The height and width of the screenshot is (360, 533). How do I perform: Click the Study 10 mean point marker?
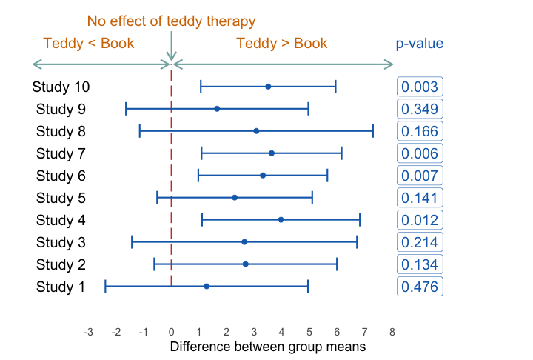(x=268, y=87)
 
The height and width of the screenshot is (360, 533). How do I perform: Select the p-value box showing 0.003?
(x=420, y=87)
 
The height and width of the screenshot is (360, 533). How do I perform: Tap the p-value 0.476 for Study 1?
(x=420, y=287)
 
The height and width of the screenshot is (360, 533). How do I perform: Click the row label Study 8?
(x=61, y=131)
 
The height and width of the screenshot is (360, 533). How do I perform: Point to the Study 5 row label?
(x=61, y=198)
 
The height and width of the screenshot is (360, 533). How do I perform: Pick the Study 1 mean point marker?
(x=207, y=286)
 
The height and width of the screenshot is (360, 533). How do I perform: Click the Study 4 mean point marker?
(x=281, y=220)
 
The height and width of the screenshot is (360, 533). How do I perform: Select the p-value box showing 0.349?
(x=420, y=109)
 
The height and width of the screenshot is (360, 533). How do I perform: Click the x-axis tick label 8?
(x=392, y=332)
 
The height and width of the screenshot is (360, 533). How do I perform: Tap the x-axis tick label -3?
(x=88, y=332)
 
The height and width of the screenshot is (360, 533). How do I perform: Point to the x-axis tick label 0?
(x=172, y=332)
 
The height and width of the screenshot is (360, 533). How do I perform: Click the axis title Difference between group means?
(x=268, y=346)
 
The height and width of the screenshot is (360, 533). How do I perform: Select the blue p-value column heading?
(x=419, y=44)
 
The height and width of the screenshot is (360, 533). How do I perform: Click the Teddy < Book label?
(x=89, y=43)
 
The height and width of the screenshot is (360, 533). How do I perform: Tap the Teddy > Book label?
(x=281, y=43)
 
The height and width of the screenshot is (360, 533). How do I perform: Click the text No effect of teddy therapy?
(x=171, y=21)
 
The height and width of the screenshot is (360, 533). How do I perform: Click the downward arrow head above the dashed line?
(x=172, y=57)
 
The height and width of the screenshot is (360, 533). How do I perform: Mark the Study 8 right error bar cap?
(x=373, y=131)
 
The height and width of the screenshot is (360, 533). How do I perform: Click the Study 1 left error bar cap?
(x=106, y=286)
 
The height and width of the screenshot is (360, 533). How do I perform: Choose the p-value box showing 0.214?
(x=420, y=242)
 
